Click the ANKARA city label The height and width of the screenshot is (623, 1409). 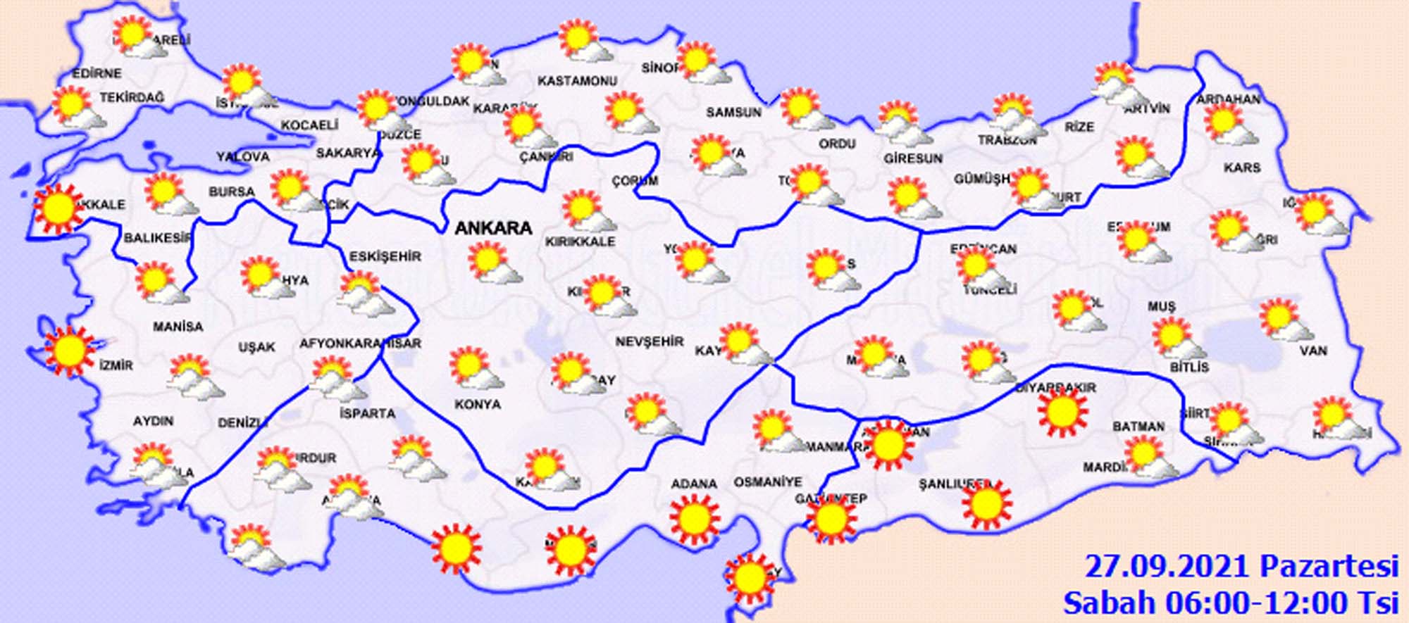pos(493,228)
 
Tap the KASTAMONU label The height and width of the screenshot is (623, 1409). pos(577,81)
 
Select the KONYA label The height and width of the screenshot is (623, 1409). pos(478,405)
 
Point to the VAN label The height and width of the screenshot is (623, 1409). pos(1313,351)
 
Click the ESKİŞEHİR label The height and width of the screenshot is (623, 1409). pos(385,257)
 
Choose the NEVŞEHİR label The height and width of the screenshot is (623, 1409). pos(650,342)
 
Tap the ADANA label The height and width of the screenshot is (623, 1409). pos(694,484)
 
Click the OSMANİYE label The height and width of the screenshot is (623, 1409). pos(768,482)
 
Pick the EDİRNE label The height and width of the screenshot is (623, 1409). pos(97,73)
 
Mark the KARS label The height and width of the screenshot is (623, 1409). pos(1242,168)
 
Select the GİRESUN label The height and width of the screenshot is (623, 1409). pos(913,159)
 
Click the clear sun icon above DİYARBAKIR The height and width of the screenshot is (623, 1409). pos(1062,413)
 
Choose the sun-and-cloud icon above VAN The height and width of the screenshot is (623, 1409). pos(1284,320)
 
